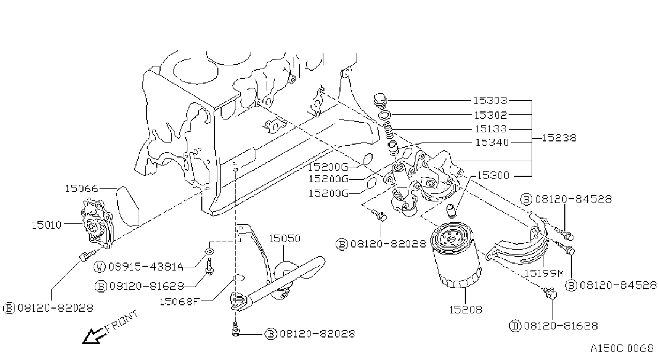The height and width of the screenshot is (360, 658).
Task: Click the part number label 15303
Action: (x=490, y=101)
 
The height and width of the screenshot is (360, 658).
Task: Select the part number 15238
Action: (x=559, y=138)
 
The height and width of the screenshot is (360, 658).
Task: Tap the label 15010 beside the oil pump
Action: (x=47, y=225)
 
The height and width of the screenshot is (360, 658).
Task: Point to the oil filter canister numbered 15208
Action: (x=455, y=255)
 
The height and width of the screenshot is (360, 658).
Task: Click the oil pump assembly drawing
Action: (x=97, y=224)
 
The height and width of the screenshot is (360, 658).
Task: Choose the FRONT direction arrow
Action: (x=94, y=336)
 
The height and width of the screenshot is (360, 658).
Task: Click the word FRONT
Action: (x=122, y=321)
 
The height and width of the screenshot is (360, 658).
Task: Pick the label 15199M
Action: (x=544, y=274)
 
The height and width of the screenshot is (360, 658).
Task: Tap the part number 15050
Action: (x=285, y=238)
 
